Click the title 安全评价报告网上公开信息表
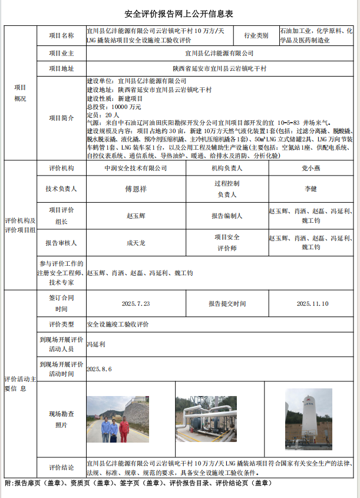(180, 14)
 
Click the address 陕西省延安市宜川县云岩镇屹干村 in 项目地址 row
(219, 69)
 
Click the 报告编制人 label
(227, 216)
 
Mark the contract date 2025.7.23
(136, 304)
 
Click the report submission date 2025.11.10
(312, 304)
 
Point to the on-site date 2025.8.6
(99, 368)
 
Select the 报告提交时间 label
(227, 304)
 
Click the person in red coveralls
(124, 429)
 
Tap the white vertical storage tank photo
(308, 415)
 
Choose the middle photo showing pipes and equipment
(206, 419)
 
